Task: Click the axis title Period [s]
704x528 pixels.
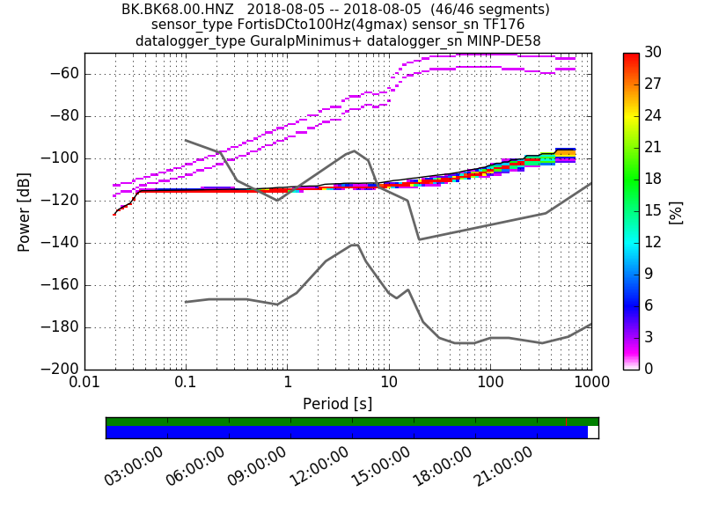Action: tap(337, 404)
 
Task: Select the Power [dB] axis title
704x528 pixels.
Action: tap(25, 211)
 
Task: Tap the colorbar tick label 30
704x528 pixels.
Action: tap(653, 53)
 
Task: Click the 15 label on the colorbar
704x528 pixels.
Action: tap(653, 210)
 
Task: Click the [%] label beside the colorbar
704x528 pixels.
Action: tap(676, 211)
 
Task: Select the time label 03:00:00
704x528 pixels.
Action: tap(135, 466)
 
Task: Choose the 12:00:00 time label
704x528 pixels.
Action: tap(319, 466)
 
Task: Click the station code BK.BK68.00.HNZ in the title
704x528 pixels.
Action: tap(178, 10)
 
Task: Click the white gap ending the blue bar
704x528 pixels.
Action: tap(593, 432)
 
